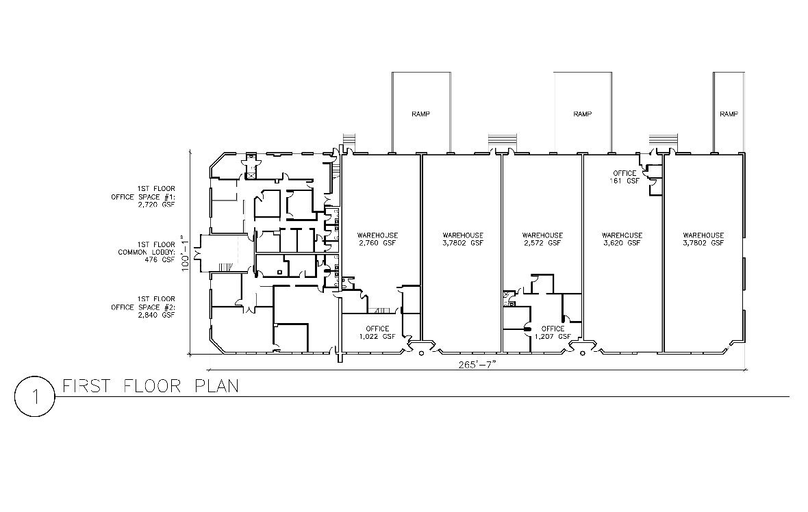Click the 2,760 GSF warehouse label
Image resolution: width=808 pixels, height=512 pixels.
[378, 239]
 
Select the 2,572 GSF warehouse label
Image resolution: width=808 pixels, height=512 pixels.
[542, 239]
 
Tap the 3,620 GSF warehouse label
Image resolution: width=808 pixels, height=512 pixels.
[622, 239]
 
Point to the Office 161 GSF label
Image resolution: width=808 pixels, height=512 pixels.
[625, 177]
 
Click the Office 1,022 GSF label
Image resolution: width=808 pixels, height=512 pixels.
[377, 333]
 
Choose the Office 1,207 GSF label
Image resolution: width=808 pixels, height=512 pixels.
[553, 333]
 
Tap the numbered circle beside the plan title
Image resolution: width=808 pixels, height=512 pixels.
[34, 396]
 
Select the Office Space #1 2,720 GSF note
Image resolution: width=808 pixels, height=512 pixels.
[143, 196]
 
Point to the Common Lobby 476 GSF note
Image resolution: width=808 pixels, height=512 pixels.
[147, 253]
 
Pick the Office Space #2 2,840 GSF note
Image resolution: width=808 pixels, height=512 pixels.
[143, 307]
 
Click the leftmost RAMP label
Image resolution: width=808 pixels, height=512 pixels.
[421, 114]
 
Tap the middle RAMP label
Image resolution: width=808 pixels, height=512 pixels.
[583, 114]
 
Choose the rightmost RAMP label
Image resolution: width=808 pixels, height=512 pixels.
[729, 114]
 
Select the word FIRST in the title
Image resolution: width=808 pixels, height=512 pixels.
[86, 386]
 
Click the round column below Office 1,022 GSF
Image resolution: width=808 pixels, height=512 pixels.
[422, 353]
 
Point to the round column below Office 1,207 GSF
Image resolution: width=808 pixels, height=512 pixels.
[583, 353]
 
